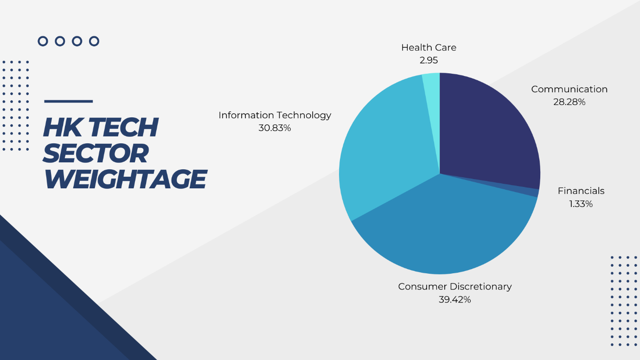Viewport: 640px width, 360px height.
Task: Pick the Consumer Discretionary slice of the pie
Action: pyautogui.click(x=446, y=229)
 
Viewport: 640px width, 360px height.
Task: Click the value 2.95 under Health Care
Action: pyautogui.click(x=429, y=60)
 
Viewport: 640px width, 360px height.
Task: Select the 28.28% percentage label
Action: pyautogui.click(x=569, y=102)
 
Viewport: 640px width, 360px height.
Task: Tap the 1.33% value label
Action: pyautogui.click(x=581, y=204)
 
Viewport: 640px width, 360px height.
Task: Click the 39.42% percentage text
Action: pyautogui.click(x=454, y=299)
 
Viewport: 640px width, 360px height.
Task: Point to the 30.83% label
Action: pyautogui.click(x=275, y=128)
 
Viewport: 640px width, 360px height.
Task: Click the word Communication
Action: pyautogui.click(x=569, y=89)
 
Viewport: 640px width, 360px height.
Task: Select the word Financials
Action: pyautogui.click(x=581, y=191)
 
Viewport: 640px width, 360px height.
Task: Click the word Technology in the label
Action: pyautogui.click(x=302, y=116)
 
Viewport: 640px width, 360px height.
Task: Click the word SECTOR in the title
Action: pyautogui.click(x=96, y=154)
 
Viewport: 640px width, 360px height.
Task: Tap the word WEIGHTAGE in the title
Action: pyautogui.click(x=125, y=179)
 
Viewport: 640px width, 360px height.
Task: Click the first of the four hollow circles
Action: pyautogui.click(x=43, y=41)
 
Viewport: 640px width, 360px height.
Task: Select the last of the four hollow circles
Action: pyautogui.click(x=94, y=41)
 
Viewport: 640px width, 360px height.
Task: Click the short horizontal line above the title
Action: pyautogui.click(x=69, y=102)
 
